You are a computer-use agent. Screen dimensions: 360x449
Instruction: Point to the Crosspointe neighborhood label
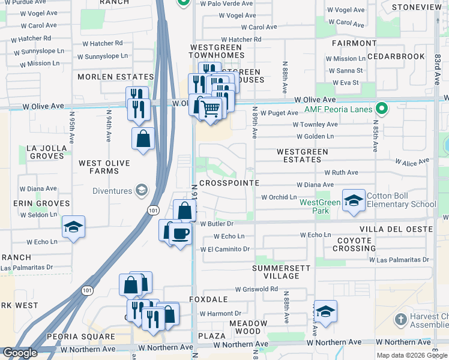(229, 183)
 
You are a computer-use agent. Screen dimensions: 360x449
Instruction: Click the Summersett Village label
(276, 272)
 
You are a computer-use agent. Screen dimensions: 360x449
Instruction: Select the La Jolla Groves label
(46, 152)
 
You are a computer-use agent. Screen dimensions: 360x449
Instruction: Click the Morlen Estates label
(116, 77)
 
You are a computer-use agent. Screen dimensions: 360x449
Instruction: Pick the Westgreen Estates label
(302, 156)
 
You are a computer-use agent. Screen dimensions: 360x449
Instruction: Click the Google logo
(20, 353)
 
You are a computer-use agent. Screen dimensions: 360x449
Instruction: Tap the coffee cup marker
(179, 232)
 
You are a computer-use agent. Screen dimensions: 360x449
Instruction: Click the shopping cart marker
(210, 109)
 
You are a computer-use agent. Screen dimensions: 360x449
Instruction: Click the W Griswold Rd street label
(256, 289)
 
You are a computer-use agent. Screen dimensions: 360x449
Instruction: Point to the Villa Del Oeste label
(396, 230)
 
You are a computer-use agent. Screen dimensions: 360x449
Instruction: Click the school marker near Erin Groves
(73, 227)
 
